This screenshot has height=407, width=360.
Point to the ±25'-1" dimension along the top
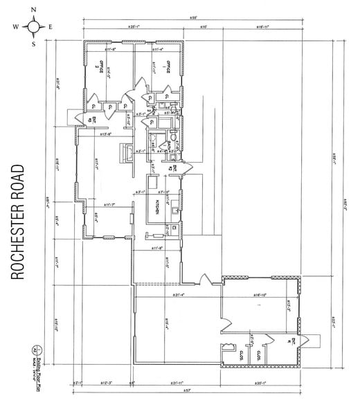(134, 27)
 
